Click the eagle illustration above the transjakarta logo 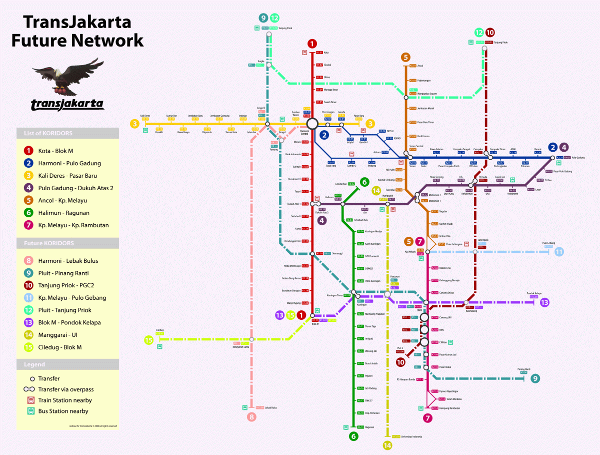pos(67,78)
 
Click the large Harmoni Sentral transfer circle pos(313,124)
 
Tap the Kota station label pos(326,53)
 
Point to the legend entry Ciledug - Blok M pos(59,347)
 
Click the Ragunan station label pos(369,427)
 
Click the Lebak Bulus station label pos(270,408)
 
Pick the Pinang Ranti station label pos(523,369)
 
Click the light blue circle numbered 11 pos(559,251)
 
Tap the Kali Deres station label pos(145,115)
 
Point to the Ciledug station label pos(160,330)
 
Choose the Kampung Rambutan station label pos(449,408)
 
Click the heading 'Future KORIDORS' pos(49,243)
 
